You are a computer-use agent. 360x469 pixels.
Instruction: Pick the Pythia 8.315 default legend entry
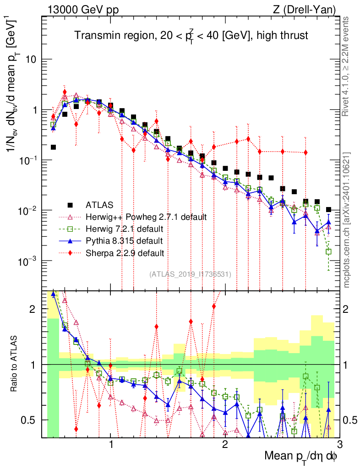click(x=124, y=240)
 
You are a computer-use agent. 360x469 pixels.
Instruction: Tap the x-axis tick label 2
click(x=225, y=445)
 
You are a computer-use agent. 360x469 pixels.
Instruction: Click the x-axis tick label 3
click(x=339, y=445)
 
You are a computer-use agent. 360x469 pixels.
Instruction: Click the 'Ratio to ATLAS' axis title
click(x=15, y=365)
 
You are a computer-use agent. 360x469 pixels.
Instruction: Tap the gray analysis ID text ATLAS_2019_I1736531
click(x=190, y=274)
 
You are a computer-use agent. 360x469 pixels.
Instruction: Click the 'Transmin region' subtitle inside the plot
click(x=191, y=35)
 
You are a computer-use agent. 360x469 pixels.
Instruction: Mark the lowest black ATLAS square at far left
click(x=53, y=147)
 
